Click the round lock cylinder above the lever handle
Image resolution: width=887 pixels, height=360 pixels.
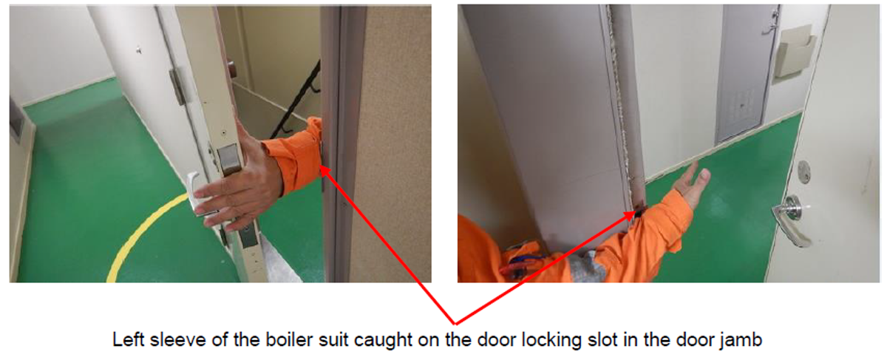[x=803, y=172]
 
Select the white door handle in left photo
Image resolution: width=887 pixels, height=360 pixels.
[x=195, y=194]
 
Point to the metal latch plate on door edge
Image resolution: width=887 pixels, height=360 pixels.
[x=230, y=159]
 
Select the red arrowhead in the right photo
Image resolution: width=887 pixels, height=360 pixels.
[x=630, y=215]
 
